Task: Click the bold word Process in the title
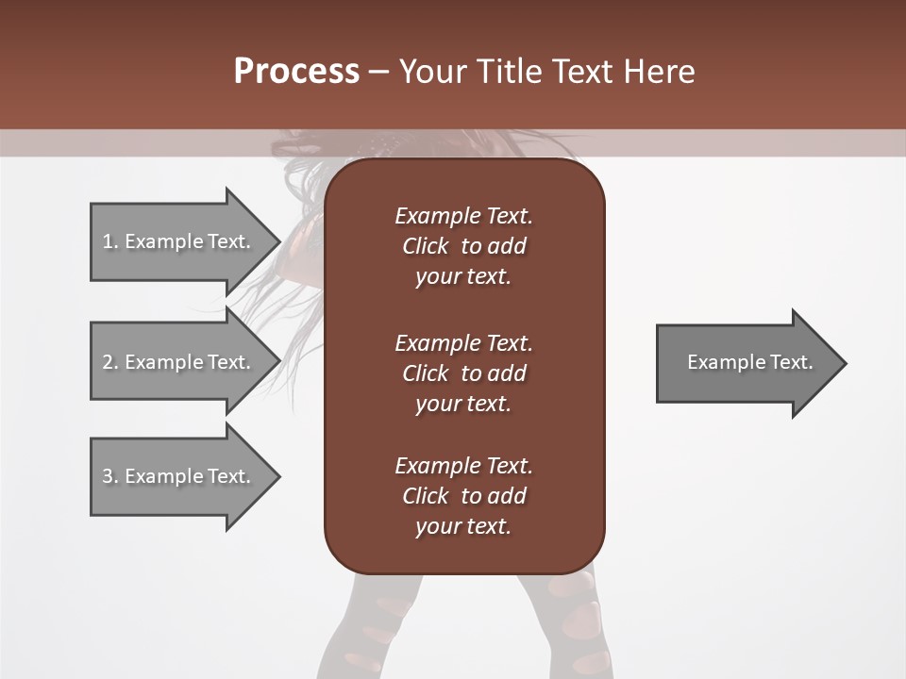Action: coord(296,71)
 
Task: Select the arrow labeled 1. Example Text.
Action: coord(179,241)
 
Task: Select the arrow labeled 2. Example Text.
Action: coord(179,362)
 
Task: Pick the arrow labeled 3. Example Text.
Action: coord(179,476)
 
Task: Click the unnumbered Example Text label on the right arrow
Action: coord(749,362)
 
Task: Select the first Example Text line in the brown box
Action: coord(463,216)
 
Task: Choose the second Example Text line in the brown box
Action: coord(463,342)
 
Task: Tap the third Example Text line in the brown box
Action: coord(463,466)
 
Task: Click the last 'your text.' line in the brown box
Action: coord(463,526)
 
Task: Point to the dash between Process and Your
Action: coord(378,72)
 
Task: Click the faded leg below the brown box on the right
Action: coord(566,622)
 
